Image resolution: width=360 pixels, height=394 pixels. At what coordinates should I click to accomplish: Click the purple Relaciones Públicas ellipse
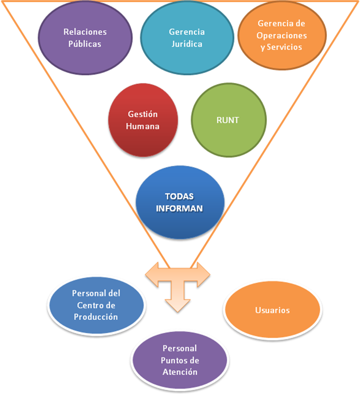pos(85,38)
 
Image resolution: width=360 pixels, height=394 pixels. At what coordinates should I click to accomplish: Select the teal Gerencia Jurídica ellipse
pos(187,38)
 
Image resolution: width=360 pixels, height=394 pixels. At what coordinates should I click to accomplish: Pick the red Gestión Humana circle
pos(143,120)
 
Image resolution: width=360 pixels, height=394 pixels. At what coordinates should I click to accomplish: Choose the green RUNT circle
pos(228,120)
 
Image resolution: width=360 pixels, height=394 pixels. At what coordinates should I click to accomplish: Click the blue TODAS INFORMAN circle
pos(180,202)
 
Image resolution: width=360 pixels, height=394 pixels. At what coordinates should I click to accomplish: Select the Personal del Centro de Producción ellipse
pos(96,305)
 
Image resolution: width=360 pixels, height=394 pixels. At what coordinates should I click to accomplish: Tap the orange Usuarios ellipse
pos(272,310)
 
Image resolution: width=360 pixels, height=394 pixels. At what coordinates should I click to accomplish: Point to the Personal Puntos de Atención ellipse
pos(179,360)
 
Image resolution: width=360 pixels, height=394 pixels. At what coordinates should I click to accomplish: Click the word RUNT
pos(228,120)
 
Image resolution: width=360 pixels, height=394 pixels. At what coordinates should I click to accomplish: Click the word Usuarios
pos(272,310)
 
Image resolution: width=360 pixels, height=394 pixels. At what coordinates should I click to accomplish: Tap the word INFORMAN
pos(179,208)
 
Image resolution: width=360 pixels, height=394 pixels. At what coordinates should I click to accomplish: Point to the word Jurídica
pos(187,44)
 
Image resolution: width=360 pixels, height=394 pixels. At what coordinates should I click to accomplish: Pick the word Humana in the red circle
pos(143,126)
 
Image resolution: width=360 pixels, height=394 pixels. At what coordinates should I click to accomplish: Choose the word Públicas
pos(85,44)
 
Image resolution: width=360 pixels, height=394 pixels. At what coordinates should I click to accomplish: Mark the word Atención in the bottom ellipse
pos(179,372)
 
